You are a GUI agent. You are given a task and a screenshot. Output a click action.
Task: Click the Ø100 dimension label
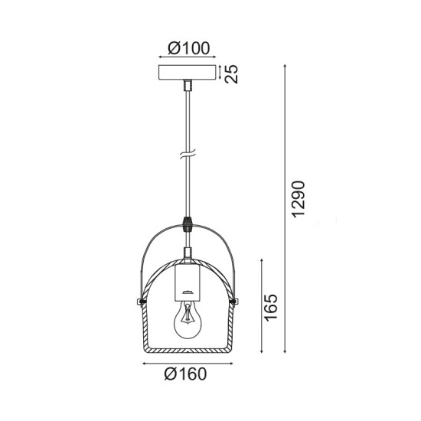[187, 47]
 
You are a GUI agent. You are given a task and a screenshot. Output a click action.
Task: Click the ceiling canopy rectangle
[186, 74]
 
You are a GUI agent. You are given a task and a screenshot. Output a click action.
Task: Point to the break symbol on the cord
[186, 155]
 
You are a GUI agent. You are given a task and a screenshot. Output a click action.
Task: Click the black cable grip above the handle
[186, 226]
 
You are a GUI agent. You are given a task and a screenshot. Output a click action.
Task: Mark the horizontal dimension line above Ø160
[186, 362]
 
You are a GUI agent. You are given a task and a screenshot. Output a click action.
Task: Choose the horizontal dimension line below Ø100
[186, 57]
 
